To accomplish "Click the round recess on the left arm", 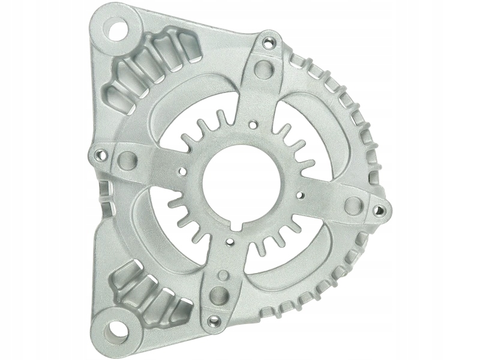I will coord(128,160).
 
